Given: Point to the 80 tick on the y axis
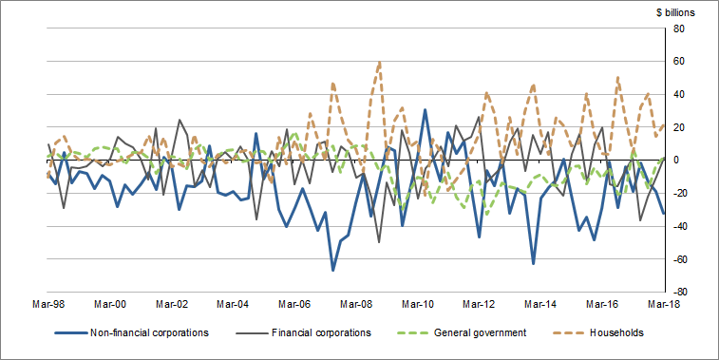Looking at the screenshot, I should tap(679, 28).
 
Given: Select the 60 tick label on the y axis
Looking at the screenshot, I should tap(679, 62).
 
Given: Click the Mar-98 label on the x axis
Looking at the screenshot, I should tap(49, 305).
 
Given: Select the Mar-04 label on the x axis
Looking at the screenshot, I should tap(233, 305).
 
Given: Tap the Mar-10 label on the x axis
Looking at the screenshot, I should tap(417, 305).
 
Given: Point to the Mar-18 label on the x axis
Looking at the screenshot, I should tap(662, 305).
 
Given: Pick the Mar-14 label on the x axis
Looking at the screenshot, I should tap(539, 305).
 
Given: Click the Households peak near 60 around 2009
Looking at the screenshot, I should tap(380, 62).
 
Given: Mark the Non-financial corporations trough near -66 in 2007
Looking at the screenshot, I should tap(333, 271).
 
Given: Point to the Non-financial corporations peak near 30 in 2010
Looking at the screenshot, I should tap(425, 110).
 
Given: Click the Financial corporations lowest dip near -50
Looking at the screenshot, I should tap(379, 242).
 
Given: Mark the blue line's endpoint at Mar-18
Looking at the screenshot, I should tap(663, 213).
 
